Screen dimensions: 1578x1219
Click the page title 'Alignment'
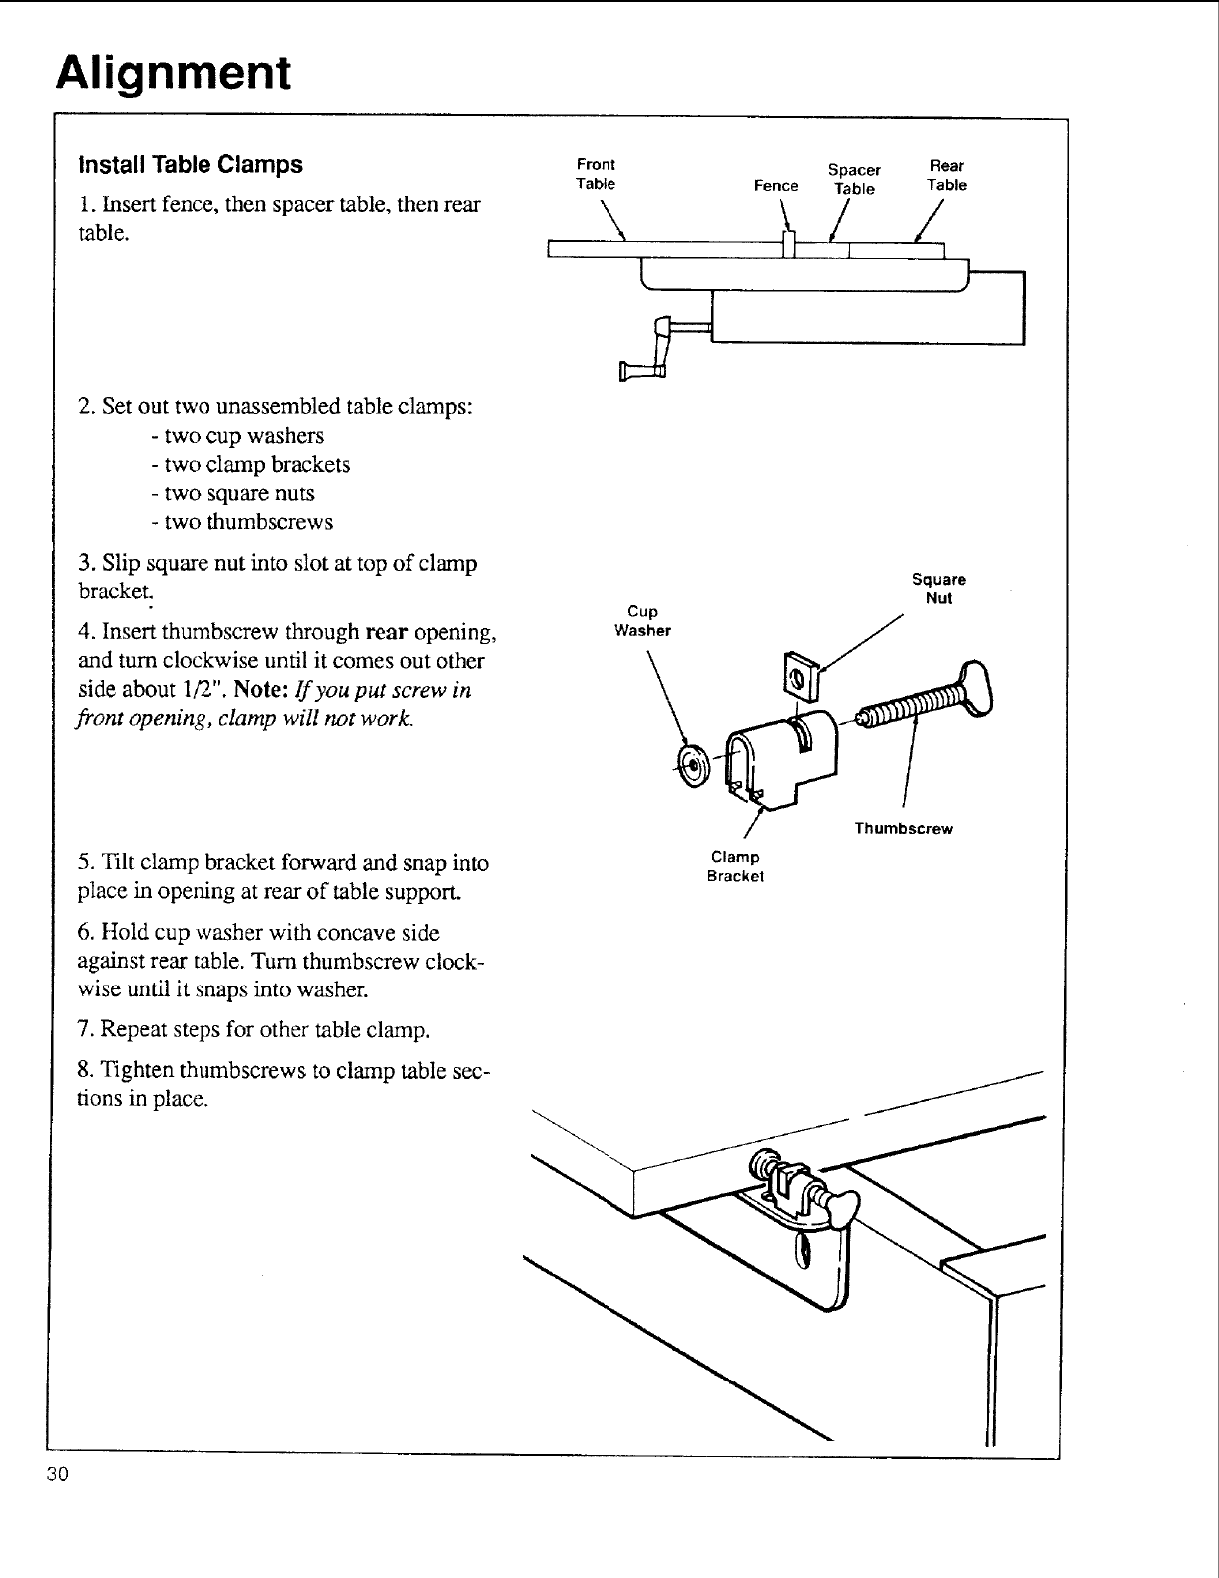174,74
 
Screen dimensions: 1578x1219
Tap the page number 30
56,1476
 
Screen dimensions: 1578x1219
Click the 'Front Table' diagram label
596,174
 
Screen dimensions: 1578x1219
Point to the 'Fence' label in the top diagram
776,186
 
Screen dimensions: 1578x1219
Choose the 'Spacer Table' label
855,179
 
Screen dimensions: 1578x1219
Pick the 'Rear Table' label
946,175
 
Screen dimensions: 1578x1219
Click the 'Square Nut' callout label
939,589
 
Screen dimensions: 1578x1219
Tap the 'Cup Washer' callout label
642,620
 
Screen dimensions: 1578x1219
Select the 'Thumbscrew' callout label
903,829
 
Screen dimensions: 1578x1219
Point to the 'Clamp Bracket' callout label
735,867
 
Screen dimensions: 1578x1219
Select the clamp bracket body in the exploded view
774,757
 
